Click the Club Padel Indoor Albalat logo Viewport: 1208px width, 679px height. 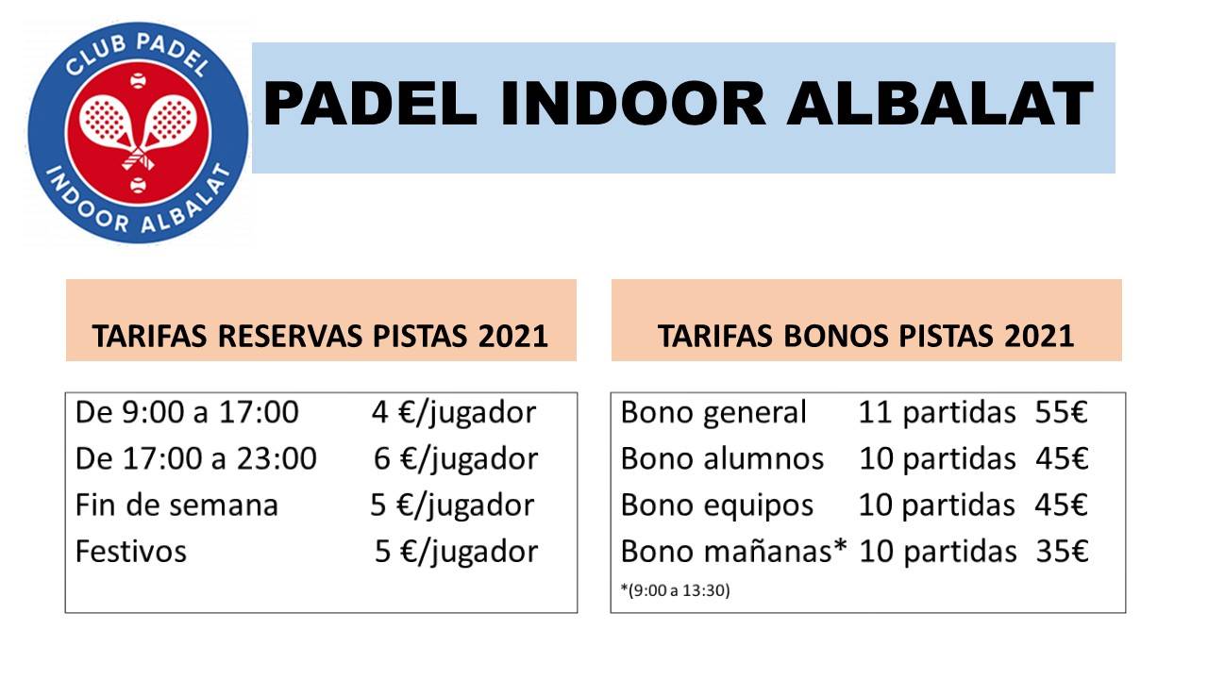138,133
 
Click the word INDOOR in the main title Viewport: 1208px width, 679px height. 633,105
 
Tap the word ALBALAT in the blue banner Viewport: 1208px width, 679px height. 940,105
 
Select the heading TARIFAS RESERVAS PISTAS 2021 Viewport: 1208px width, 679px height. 320,337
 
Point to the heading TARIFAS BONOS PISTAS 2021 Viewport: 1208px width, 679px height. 866,337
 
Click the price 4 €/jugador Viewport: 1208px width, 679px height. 454,414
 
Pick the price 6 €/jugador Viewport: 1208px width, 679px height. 456,460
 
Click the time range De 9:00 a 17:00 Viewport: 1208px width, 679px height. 187,412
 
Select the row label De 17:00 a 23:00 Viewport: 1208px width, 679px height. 195,458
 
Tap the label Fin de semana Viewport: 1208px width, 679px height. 176,505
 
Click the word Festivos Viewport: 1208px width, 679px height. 131,552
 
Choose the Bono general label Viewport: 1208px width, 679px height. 713,414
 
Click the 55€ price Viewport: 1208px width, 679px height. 1061,412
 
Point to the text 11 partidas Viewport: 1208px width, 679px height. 937,414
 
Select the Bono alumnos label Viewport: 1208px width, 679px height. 722,458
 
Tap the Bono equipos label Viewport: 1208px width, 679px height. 716,506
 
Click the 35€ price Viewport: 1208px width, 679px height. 1062,552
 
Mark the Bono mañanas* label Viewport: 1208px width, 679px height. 734,552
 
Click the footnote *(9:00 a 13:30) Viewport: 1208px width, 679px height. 675,590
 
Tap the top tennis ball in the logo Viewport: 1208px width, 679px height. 138,81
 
